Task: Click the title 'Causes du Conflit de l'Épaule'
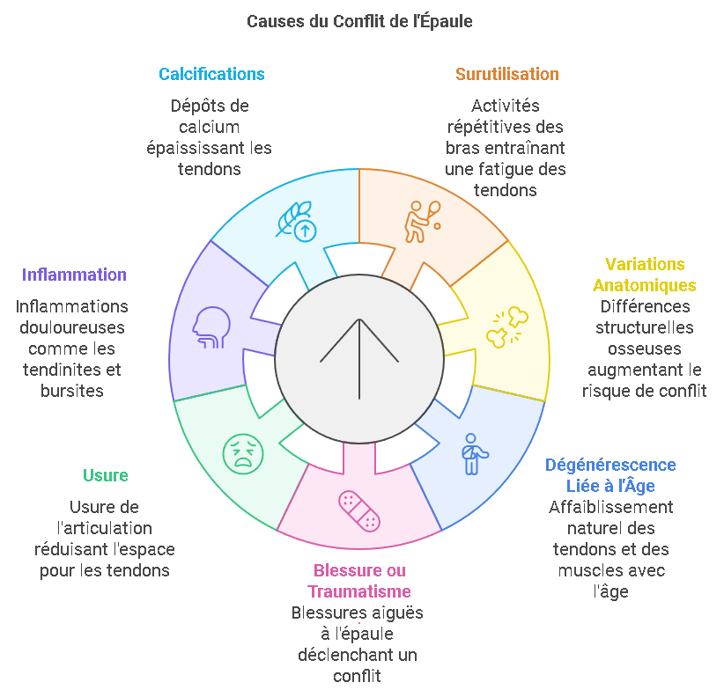point(359,21)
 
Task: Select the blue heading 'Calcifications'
point(211,74)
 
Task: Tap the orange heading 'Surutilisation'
point(506,74)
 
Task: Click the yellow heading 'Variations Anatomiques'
point(645,275)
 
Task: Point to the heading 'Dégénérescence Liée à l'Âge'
point(610,475)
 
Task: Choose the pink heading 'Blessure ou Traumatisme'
point(358,581)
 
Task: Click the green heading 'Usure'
point(106,475)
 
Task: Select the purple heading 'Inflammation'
point(74,275)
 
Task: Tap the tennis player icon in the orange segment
point(421,220)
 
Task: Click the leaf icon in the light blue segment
point(297,220)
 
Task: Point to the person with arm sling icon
point(474,452)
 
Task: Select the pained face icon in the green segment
point(242,453)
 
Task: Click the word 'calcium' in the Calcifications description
point(209,127)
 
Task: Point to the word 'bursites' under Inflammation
point(72,391)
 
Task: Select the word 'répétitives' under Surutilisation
point(505,127)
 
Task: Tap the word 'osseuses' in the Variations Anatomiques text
point(646,348)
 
